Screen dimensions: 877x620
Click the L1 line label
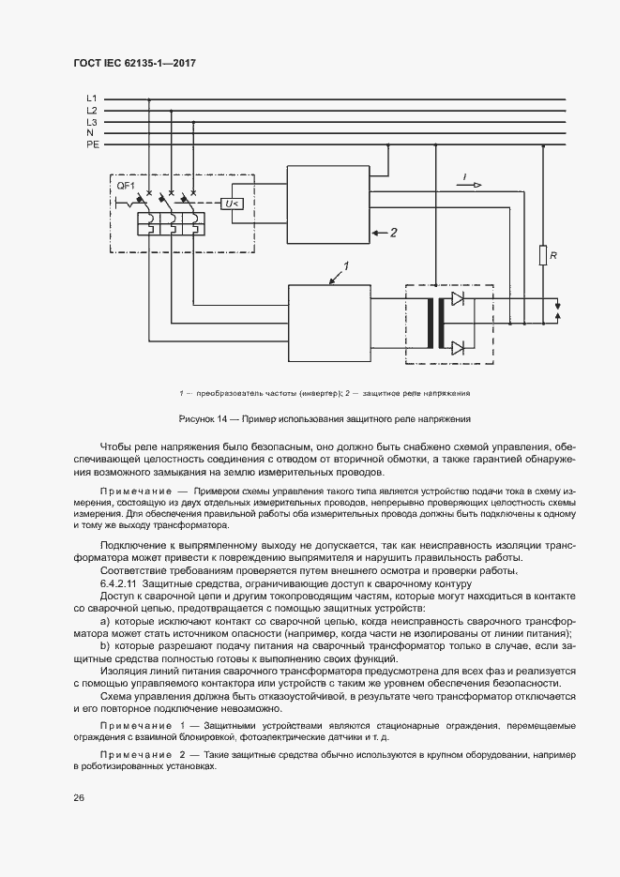[x=92, y=98]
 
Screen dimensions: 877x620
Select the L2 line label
[x=92, y=111]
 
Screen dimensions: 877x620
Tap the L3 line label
[x=92, y=122]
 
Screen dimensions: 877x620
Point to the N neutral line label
[x=91, y=134]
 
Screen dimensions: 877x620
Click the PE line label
[x=92, y=145]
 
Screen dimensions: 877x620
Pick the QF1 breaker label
[x=126, y=187]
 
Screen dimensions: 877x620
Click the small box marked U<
[x=232, y=204]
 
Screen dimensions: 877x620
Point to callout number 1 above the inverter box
[x=345, y=267]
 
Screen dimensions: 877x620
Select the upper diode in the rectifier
[x=458, y=299]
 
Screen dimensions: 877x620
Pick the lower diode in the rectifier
[x=458, y=349]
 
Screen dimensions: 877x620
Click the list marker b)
[x=102, y=646]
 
